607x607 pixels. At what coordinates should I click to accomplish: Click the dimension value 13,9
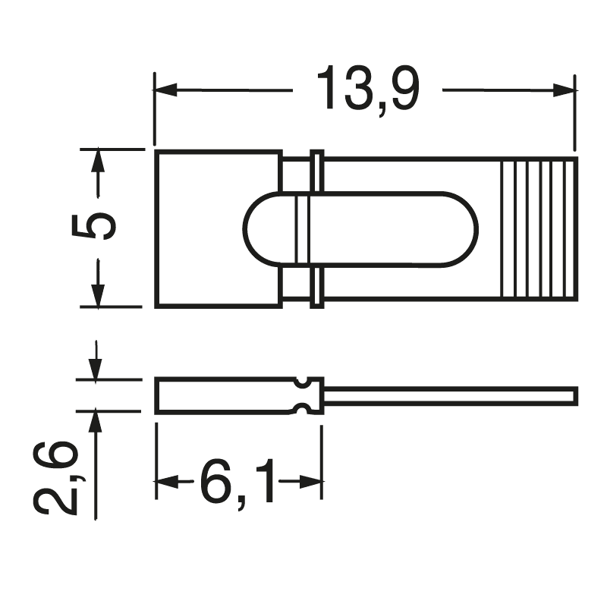(367, 90)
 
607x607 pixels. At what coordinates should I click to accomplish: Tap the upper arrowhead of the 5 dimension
(98, 160)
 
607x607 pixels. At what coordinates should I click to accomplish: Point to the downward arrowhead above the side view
(96, 369)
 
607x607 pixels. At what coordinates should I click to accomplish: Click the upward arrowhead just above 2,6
(96, 422)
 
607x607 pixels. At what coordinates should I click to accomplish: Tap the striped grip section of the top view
(538, 228)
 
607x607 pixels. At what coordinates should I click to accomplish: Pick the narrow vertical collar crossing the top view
(317, 228)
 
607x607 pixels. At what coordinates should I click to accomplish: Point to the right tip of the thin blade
(574, 395)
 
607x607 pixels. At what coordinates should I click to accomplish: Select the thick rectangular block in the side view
(224, 395)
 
